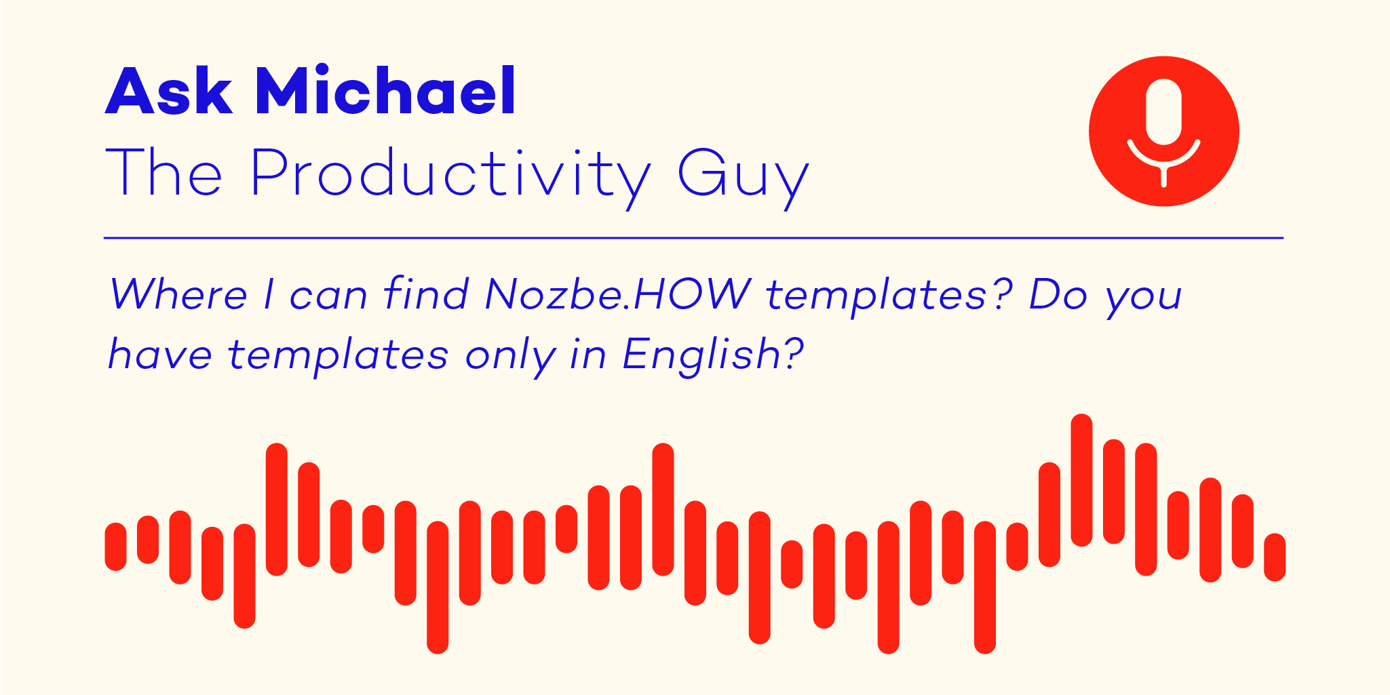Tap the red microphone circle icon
coord(1164,131)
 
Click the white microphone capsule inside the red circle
coord(1164,112)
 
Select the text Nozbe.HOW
coord(618,294)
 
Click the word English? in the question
coord(713,354)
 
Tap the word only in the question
coord(511,355)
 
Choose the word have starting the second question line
coord(161,353)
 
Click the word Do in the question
coord(1058,294)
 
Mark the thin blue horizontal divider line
coord(693,238)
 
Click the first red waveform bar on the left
coord(115,547)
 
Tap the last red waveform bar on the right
coord(1275,557)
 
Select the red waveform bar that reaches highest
coord(1081,480)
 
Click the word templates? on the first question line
coord(889,296)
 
